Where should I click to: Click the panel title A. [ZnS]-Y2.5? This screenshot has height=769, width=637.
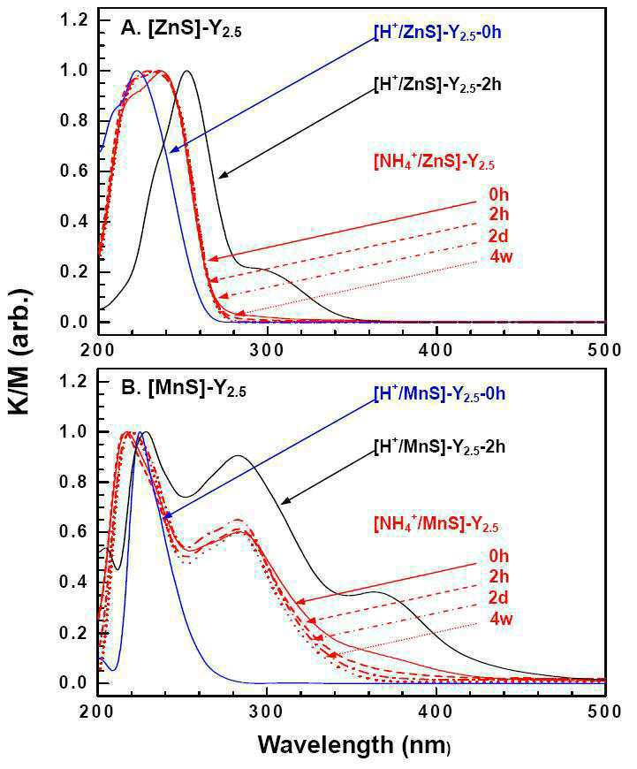[181, 31]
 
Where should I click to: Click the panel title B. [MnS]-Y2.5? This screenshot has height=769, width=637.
[184, 391]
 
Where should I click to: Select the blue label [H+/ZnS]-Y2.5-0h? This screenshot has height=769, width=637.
[437, 34]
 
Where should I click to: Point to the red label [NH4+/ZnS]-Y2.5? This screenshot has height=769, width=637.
[434, 163]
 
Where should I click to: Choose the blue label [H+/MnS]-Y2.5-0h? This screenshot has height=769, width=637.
[439, 394]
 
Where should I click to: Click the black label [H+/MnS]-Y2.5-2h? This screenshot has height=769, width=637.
[439, 447]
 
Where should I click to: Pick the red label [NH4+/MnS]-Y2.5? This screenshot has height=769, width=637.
[436, 524]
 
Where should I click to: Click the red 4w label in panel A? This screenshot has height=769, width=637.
[501, 256]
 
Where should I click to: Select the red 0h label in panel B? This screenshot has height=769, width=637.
[498, 556]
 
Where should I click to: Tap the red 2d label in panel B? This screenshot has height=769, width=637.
[498, 598]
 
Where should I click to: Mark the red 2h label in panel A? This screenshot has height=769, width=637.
[498, 214]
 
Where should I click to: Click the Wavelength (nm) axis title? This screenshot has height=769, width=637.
[354, 745]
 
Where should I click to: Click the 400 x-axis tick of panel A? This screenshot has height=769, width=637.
[436, 350]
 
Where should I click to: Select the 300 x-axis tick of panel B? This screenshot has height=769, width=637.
[267, 712]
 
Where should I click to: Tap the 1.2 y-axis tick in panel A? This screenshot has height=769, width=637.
[73, 20]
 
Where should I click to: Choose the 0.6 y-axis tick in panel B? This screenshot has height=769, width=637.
[73, 532]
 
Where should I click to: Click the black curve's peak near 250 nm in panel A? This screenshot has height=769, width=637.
[186, 71]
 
